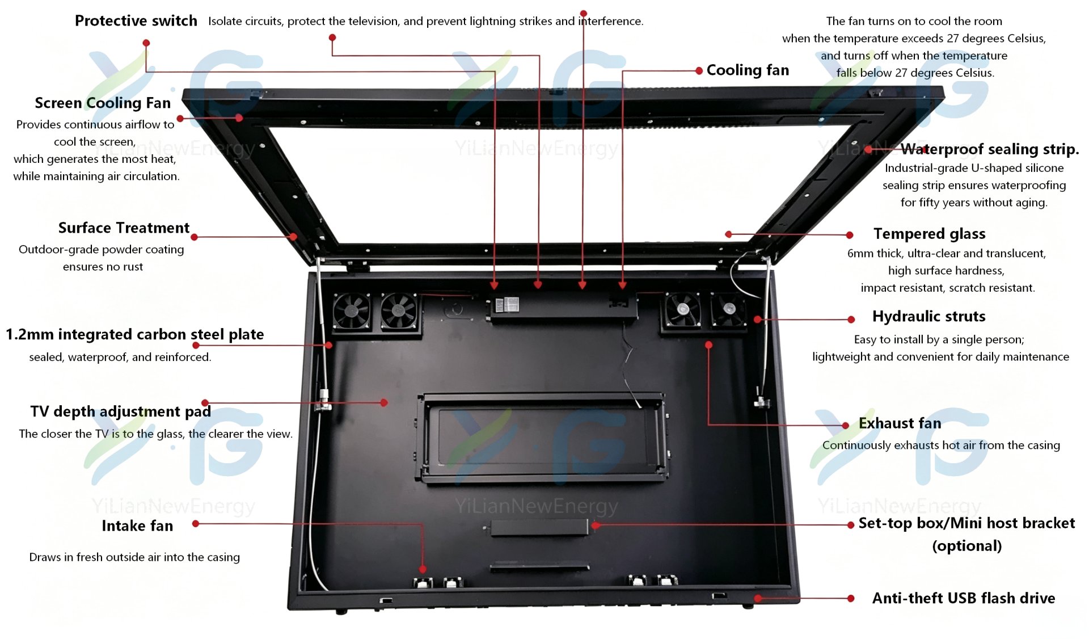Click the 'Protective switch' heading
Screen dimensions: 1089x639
coord(136,21)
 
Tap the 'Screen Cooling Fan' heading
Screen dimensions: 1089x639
coord(103,103)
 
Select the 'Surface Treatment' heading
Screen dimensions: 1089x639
coord(124,228)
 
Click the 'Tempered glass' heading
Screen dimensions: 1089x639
coord(929,234)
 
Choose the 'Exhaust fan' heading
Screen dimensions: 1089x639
coord(900,423)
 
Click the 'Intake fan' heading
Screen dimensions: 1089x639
coord(137,526)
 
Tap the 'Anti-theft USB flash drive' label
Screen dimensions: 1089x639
coord(964,598)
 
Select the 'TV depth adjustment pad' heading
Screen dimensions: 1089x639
coord(120,411)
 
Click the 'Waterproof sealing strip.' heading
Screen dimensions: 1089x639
coord(990,149)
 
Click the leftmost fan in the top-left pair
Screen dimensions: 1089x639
coord(352,312)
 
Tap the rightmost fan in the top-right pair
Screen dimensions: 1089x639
coord(728,310)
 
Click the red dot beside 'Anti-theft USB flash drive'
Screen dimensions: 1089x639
coord(851,599)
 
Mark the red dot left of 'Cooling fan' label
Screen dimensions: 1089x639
coord(699,71)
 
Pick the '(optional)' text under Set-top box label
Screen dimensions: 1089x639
coord(967,546)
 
